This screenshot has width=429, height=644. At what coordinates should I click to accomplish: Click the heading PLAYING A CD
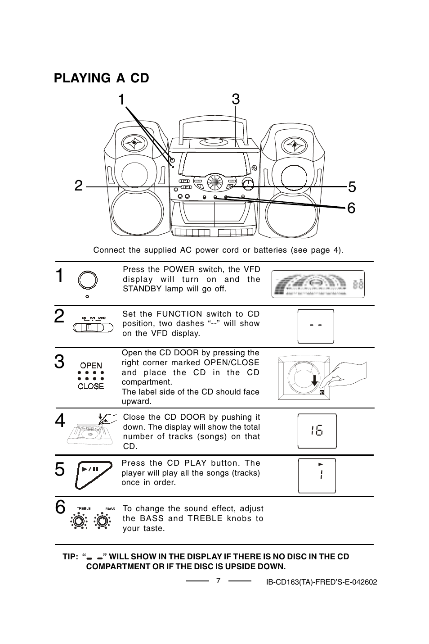[101, 78]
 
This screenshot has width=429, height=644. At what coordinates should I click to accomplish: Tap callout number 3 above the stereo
[236, 99]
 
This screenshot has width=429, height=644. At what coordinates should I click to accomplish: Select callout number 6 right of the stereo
[351, 208]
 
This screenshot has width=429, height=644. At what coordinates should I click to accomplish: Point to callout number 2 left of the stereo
[79, 186]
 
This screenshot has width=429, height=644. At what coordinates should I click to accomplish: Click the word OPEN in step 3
[91, 365]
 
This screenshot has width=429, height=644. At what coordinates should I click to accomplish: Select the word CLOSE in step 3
[91, 386]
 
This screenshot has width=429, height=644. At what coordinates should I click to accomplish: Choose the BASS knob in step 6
[102, 521]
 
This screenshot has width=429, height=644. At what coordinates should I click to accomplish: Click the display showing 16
[317, 431]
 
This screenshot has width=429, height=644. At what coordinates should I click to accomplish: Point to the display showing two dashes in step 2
[316, 326]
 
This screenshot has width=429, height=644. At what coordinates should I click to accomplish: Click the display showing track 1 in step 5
[317, 475]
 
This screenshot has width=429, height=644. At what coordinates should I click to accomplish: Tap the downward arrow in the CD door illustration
[315, 381]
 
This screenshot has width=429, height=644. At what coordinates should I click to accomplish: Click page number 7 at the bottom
[218, 581]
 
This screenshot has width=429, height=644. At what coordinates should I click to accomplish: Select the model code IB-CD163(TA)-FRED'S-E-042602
[321, 582]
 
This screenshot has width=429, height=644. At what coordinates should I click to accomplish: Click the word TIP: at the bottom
[71, 557]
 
